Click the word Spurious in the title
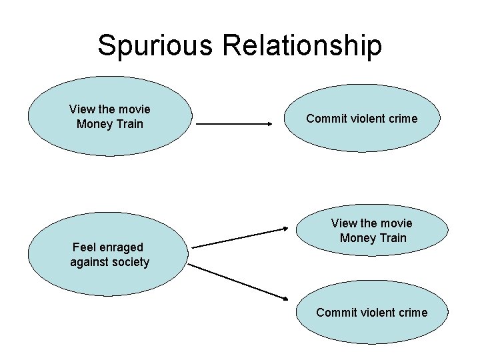155,45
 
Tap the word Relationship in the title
302,45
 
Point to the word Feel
85,247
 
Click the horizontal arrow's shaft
230,124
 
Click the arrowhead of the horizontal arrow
269,124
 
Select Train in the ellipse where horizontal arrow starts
129,124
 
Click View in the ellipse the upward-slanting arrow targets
345,223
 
